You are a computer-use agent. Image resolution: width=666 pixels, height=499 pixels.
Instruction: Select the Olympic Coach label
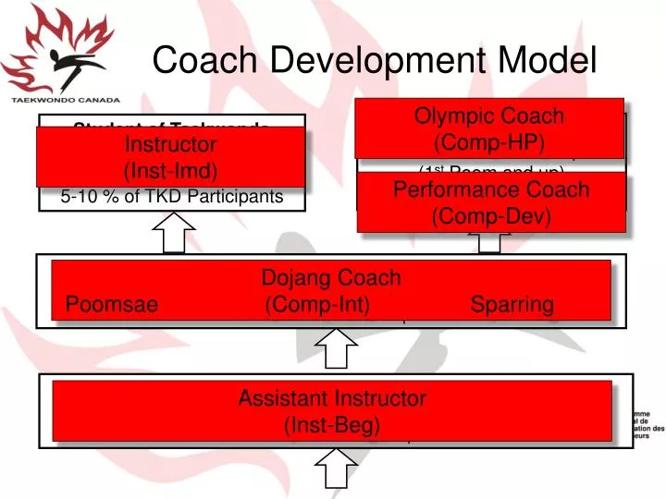pyautogui.click(x=489, y=116)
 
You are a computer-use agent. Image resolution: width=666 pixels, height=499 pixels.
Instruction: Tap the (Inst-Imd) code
pyautogui.click(x=169, y=172)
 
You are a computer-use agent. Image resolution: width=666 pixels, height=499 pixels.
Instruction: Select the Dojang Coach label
pyautogui.click(x=331, y=277)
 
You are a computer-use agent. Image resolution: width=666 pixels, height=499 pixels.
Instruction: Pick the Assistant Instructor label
pyautogui.click(x=332, y=399)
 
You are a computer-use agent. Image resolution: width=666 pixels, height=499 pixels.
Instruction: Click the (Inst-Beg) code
pyautogui.click(x=332, y=426)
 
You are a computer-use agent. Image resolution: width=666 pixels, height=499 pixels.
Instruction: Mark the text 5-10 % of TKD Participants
pyautogui.click(x=170, y=197)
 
